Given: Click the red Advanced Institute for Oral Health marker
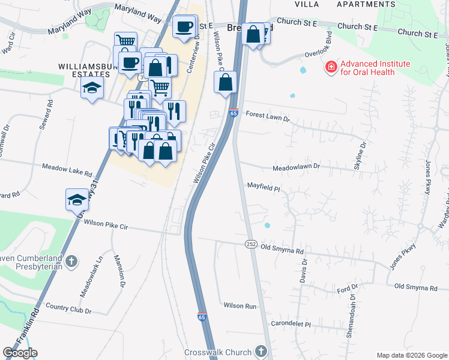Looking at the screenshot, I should [330, 67].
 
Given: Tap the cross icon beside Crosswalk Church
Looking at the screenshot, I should [260, 351].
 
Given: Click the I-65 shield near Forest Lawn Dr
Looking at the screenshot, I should [234, 113].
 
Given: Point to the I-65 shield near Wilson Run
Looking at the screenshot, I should [202, 316].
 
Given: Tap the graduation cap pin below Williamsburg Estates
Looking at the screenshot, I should [92, 88].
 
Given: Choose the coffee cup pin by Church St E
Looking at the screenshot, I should [184, 26].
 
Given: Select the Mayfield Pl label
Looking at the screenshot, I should [264, 187].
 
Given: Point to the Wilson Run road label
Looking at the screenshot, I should [240, 305].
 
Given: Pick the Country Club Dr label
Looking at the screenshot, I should [68, 311].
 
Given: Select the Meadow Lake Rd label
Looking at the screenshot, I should [66, 170].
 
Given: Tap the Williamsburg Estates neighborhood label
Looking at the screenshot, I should [84, 70].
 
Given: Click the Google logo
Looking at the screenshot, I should [20, 352].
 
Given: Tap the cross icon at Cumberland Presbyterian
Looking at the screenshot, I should [71, 261].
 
